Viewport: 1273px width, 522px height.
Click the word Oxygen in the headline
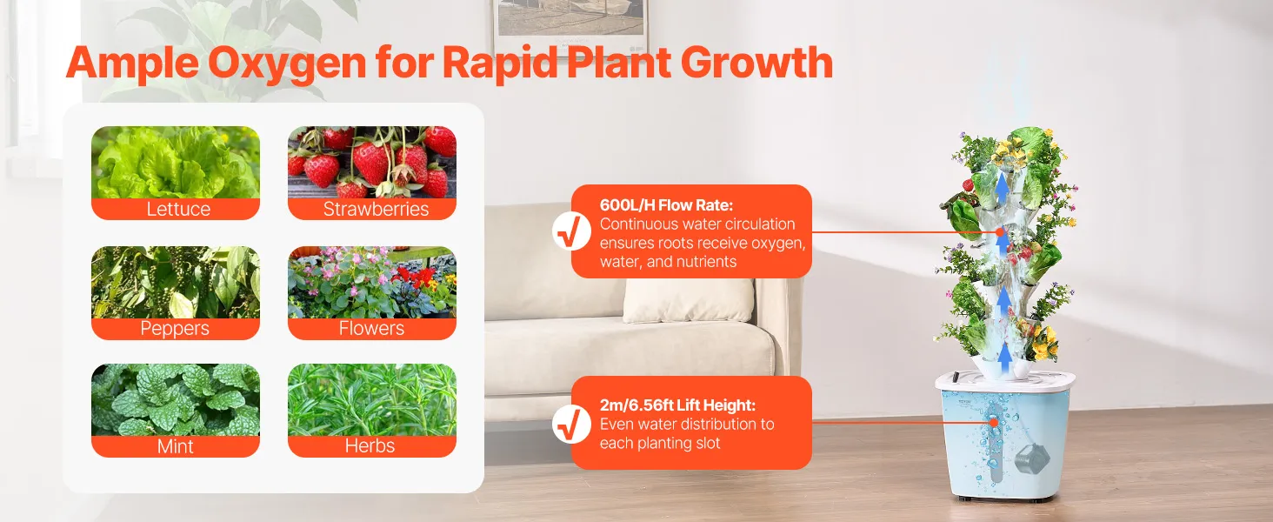pyautogui.click(x=287, y=64)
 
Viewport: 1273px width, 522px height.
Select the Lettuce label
pyautogui.click(x=178, y=209)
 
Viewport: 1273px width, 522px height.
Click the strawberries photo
pyautogui.click(x=372, y=162)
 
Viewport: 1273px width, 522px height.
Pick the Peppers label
pyautogui.click(x=175, y=328)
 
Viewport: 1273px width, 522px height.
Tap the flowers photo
pyautogui.click(x=372, y=282)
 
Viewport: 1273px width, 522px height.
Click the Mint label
pyautogui.click(x=175, y=445)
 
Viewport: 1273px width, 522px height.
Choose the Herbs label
pyautogui.click(x=370, y=445)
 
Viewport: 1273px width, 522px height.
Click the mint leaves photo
pyautogui.click(x=176, y=399)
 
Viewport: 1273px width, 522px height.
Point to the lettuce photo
pyautogui.click(x=176, y=162)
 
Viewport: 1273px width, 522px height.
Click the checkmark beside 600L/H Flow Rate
pyautogui.click(x=571, y=231)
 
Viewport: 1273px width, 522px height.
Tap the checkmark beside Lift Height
pyautogui.click(x=571, y=425)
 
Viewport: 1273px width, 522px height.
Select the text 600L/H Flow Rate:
pyautogui.click(x=666, y=204)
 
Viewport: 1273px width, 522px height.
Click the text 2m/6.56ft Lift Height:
pyautogui.click(x=677, y=405)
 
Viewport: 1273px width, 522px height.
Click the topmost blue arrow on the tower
pyautogui.click(x=1002, y=188)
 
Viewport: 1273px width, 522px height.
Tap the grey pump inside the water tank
pyautogui.click(x=1031, y=459)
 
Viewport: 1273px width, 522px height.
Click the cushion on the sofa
pyautogui.click(x=689, y=300)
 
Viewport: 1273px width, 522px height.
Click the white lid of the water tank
pyautogui.click(x=1005, y=381)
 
